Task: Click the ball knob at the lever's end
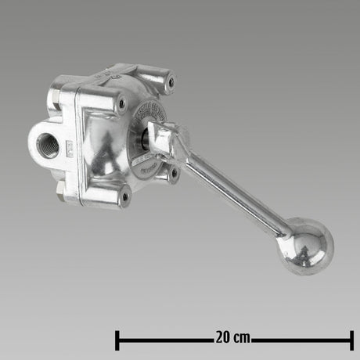308,248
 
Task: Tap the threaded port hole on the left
48,146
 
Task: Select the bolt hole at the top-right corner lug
169,81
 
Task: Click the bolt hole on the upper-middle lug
120,102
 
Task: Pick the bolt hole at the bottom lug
123,197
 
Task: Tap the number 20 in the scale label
221,339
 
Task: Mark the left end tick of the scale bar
117,340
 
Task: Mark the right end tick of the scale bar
351,340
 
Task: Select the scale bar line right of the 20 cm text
301,340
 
